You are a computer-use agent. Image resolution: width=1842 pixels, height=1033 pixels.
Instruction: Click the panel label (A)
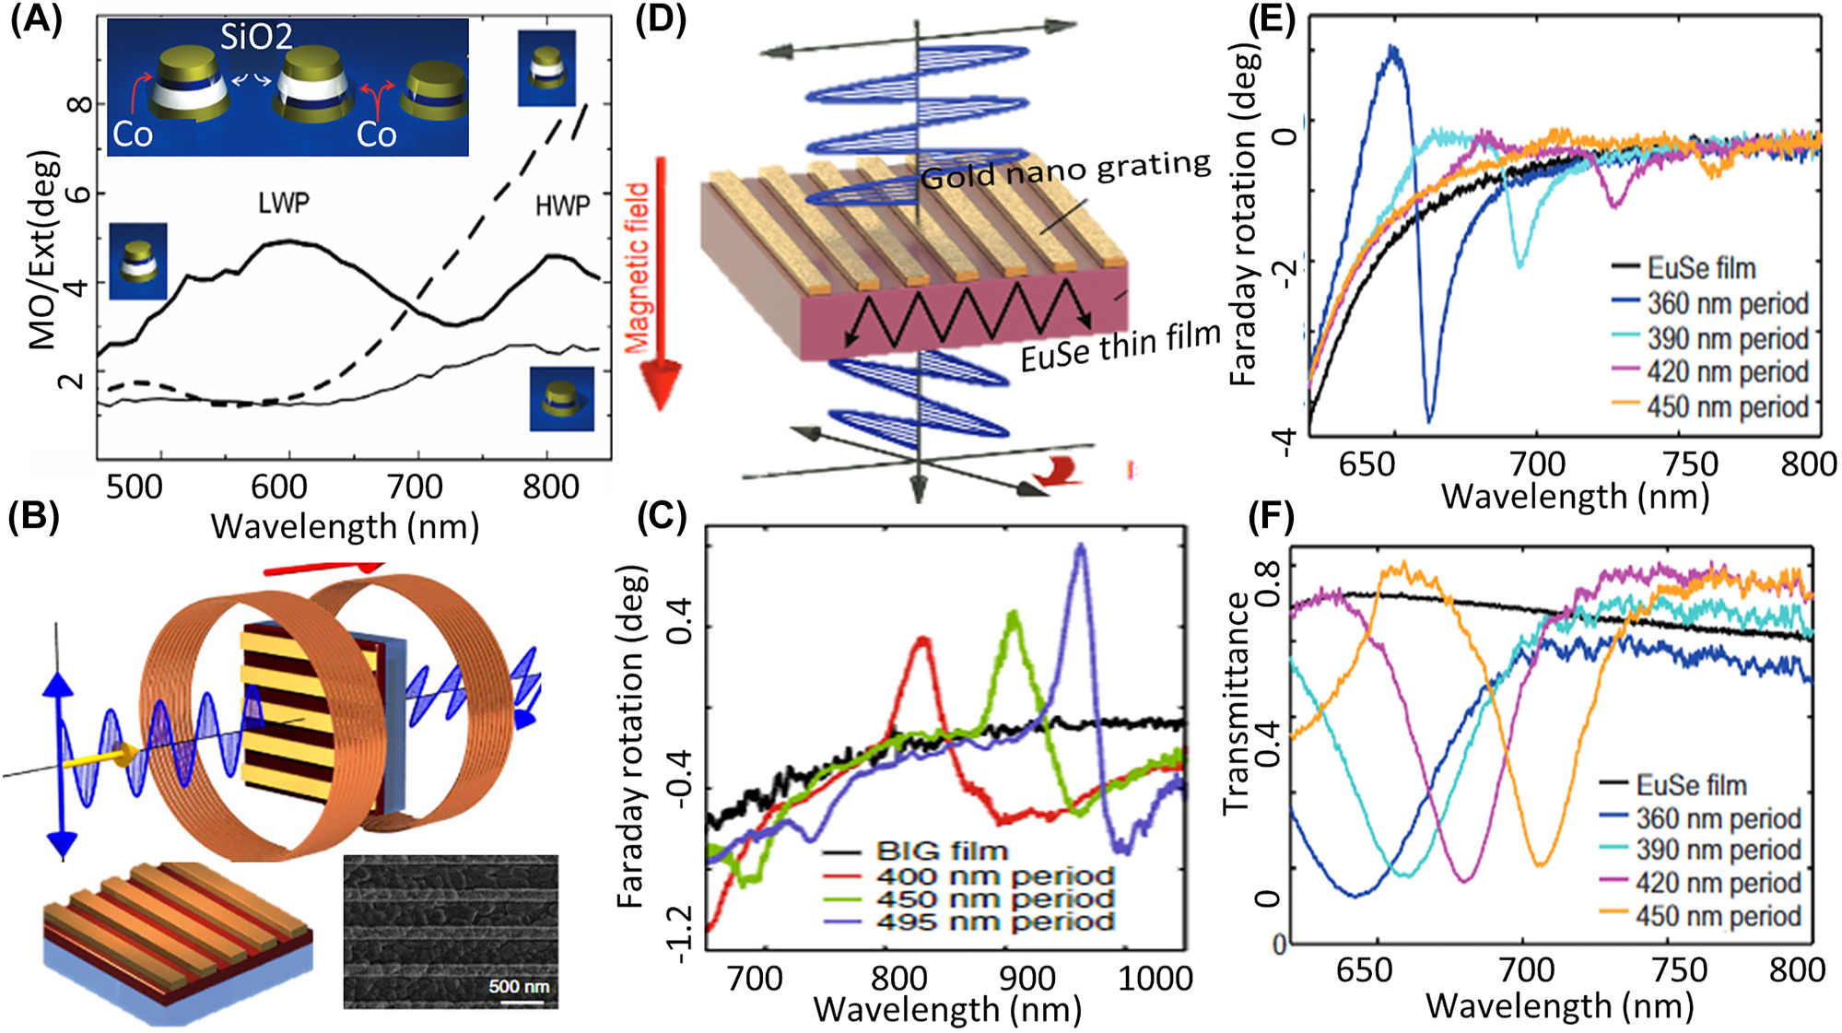point(35,20)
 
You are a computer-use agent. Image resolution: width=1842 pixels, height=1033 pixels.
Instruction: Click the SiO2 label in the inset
point(256,37)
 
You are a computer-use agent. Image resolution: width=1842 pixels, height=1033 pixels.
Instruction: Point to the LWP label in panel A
point(284,203)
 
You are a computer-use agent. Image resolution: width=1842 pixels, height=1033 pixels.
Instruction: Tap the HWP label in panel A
point(562,205)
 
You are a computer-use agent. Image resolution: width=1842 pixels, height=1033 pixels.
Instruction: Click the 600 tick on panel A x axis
point(279,486)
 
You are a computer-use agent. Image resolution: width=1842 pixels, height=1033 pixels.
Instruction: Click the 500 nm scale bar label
point(519,986)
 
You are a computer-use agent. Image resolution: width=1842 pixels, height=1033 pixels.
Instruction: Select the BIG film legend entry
point(942,851)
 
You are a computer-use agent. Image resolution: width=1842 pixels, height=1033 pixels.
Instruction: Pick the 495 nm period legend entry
point(995,921)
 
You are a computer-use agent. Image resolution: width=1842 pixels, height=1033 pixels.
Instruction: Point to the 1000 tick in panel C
point(1156,978)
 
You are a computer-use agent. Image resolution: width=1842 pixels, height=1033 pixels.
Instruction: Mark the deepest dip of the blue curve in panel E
point(1429,419)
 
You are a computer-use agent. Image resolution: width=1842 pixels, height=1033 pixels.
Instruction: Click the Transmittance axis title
point(1235,702)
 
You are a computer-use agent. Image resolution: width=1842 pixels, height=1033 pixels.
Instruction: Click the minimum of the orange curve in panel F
point(1540,863)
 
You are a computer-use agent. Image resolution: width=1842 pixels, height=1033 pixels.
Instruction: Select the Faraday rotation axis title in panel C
point(629,737)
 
